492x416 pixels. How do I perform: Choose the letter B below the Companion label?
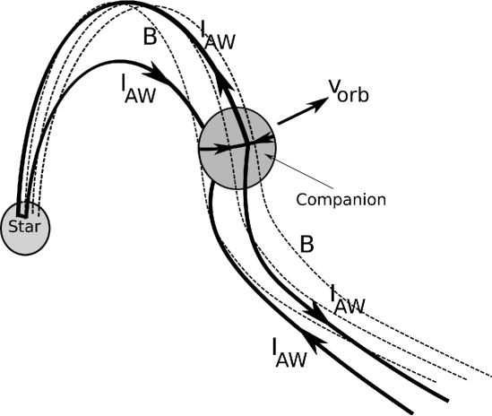click(x=306, y=243)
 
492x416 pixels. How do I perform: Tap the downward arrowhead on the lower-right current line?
click(x=315, y=310)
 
